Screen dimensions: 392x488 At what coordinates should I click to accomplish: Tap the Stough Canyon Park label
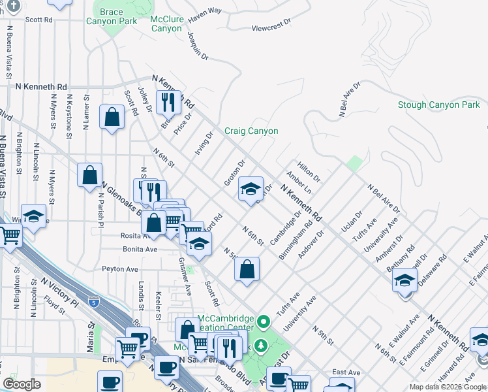(x=438, y=105)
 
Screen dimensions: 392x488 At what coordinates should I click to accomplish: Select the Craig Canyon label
(x=251, y=131)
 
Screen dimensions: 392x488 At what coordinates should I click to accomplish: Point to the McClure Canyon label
(x=166, y=24)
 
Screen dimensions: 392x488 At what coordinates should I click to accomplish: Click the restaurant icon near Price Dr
(x=170, y=102)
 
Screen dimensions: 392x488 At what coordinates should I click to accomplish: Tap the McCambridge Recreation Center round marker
(x=264, y=321)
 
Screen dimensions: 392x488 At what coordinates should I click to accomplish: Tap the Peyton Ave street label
(x=120, y=269)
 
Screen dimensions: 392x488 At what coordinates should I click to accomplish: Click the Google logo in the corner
(x=22, y=384)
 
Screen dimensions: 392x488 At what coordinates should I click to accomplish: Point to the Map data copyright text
(x=448, y=387)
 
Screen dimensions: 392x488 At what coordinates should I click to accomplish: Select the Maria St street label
(x=91, y=332)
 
